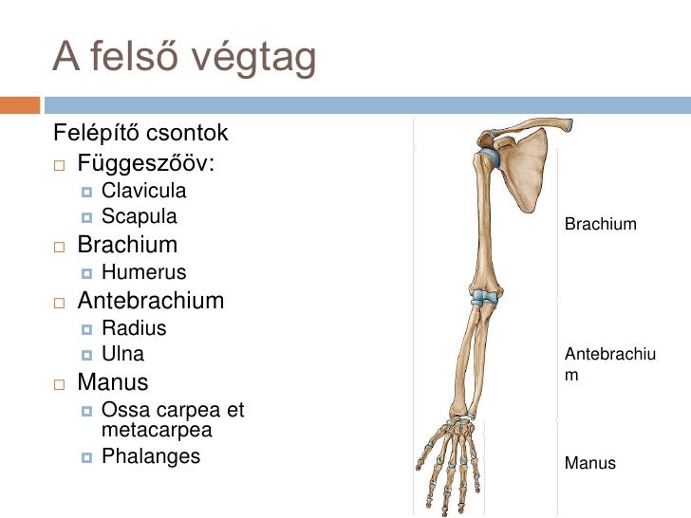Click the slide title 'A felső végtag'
pos(184,59)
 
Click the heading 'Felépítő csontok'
pos(140,130)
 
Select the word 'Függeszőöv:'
pos(146,164)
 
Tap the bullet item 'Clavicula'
pos(144,193)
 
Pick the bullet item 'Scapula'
pos(140,216)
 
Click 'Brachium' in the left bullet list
pos(127,245)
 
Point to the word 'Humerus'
pos(144,274)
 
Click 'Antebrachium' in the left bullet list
pos(151,302)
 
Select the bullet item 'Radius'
pos(134,328)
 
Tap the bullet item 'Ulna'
pos(123,355)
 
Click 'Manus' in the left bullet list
pos(113,383)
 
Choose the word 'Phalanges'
pos(151,456)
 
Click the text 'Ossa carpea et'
pos(172,411)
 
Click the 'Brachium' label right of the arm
pos(600,225)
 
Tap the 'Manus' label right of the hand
pos(590,464)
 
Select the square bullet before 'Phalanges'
pos(86,457)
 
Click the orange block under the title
pos(20,104)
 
